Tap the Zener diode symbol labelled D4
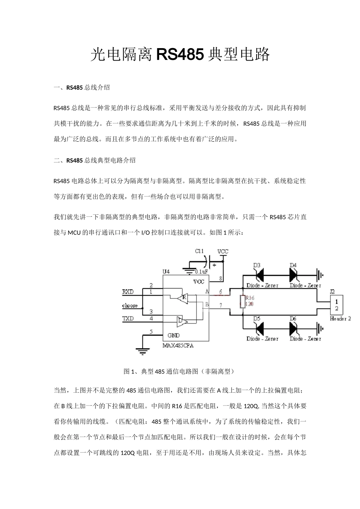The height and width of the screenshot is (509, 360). (293, 274)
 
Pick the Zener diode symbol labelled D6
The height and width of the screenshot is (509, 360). (293, 328)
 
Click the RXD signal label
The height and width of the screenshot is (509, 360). (128, 292)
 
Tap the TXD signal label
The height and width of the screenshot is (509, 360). (128, 319)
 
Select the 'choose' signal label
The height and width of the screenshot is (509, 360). (130, 306)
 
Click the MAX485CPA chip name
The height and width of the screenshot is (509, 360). (178, 346)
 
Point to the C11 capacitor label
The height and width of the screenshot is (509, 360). (199, 251)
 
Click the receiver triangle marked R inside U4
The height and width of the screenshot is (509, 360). (183, 297)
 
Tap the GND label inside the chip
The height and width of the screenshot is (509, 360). (174, 335)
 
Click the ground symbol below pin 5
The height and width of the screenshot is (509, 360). (142, 352)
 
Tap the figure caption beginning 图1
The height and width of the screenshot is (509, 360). (180, 371)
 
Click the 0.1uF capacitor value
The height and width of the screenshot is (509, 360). (201, 272)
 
